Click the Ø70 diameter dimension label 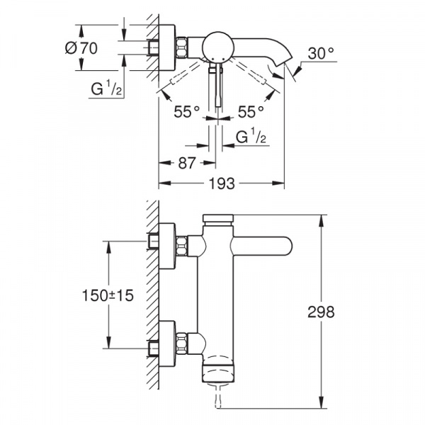point(81,49)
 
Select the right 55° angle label point(250,110)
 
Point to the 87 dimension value point(186,162)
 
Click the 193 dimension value point(221,183)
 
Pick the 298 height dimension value point(322,311)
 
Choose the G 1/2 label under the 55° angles point(250,136)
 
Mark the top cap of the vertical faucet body point(217,219)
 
